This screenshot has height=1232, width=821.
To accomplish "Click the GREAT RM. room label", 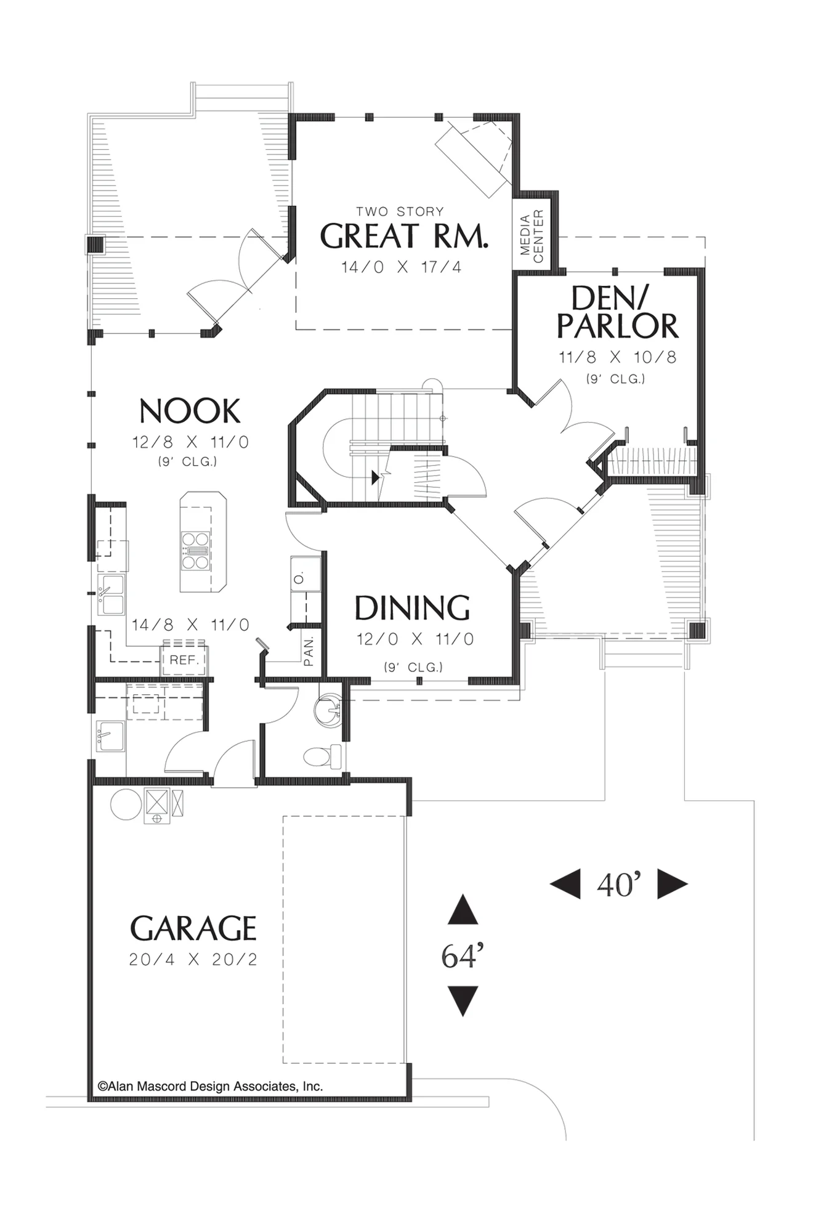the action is point(404,236).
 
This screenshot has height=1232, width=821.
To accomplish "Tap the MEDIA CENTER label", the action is point(532,236).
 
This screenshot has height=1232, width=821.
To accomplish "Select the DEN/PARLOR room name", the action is point(617,312).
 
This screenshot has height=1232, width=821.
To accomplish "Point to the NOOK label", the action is point(190,411).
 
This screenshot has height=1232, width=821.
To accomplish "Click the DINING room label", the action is point(412,608).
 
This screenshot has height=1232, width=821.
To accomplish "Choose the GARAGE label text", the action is point(193,928).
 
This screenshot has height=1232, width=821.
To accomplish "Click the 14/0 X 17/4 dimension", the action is point(402,267).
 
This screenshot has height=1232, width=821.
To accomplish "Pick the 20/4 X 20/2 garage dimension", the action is point(193,959).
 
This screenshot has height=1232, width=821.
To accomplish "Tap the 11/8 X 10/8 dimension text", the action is point(617,357).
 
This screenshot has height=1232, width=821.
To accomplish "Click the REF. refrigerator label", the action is point(184,660).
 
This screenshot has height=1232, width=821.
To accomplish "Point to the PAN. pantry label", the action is point(309,651).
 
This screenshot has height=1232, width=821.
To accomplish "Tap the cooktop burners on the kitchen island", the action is point(196,550).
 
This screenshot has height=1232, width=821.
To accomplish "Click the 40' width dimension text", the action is point(619,885).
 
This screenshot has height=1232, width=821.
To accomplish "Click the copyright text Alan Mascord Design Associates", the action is point(210,1086).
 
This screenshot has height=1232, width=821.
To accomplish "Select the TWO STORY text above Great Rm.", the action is point(400,211).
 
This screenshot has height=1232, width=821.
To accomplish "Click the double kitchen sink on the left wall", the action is point(111,594).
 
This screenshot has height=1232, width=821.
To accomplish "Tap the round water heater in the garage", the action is point(126,804).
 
